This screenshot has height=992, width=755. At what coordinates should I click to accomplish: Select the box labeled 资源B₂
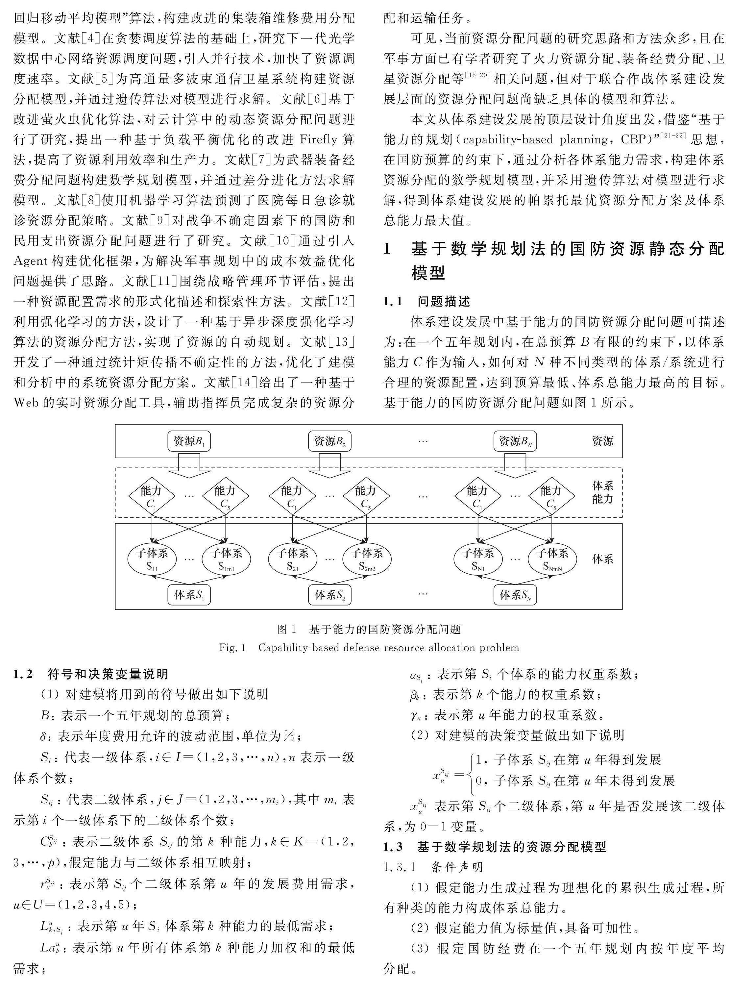pyautogui.click(x=330, y=441)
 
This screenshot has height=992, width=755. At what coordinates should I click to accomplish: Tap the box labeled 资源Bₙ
pyautogui.click(x=515, y=441)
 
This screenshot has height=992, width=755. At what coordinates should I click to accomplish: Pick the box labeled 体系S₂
pyautogui.click(x=330, y=595)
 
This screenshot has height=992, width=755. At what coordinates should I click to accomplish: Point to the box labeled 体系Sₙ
pyautogui.click(x=515, y=595)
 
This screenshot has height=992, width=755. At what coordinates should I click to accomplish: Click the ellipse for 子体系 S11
pyautogui.click(x=152, y=559)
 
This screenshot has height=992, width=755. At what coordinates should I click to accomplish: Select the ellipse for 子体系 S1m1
pyautogui.click(x=226, y=559)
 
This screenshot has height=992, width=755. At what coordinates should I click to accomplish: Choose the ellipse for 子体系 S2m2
pyautogui.click(x=367, y=559)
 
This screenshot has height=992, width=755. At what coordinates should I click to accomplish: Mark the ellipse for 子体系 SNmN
pyautogui.click(x=552, y=559)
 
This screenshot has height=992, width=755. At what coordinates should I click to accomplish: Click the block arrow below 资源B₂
pyautogui.click(x=330, y=466)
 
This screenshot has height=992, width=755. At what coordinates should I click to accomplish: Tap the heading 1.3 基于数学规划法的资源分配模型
pyautogui.click(x=494, y=847)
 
